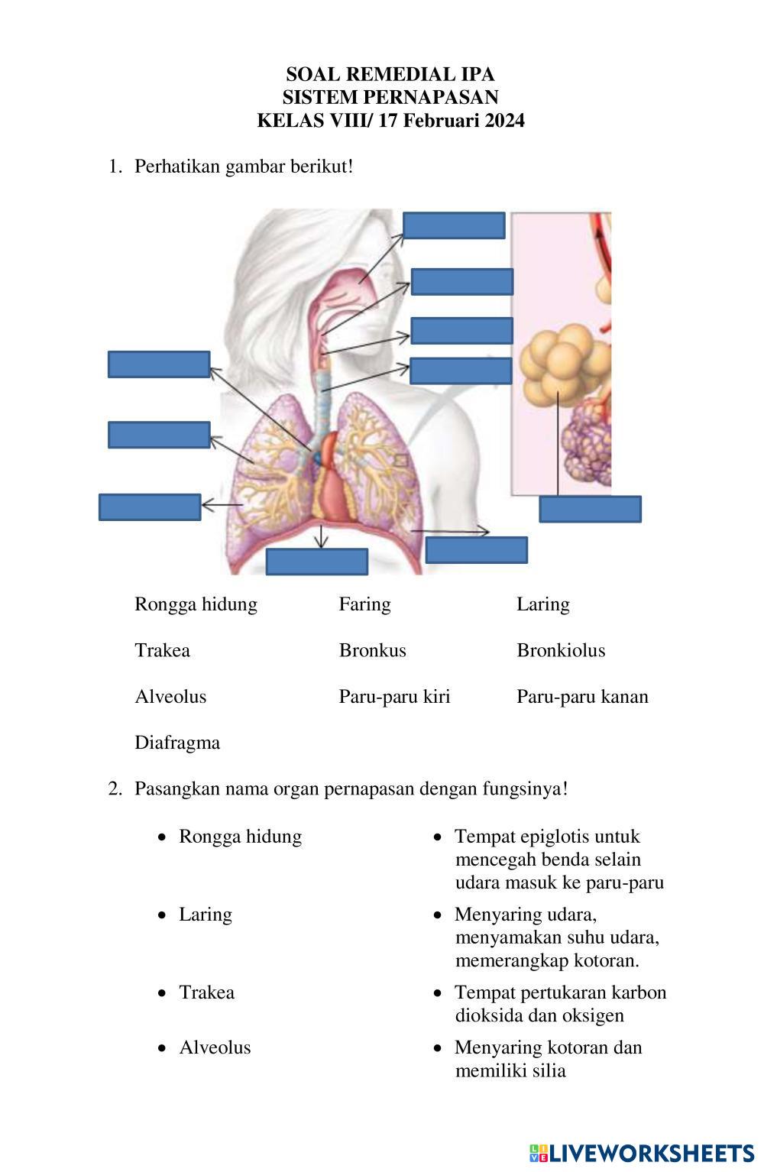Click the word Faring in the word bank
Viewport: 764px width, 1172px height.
[364, 604]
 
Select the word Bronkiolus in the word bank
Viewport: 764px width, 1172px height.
[560, 650]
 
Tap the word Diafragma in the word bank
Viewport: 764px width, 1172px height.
[177, 743]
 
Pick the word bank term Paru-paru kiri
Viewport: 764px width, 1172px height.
[394, 697]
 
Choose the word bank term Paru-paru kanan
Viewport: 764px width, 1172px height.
[582, 697]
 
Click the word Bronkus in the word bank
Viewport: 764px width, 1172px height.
[372, 650]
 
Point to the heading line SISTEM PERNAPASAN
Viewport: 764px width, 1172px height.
[390, 97]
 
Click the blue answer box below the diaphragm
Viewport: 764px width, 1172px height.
[316, 562]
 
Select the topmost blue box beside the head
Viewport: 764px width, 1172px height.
[454, 225]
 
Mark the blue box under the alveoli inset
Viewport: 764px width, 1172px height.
[590, 509]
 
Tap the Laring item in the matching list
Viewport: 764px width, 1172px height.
[205, 915]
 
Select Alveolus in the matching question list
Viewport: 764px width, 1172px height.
[215, 1047]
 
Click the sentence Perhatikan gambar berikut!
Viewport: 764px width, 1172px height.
[244, 167]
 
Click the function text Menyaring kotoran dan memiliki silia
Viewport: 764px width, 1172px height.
[548, 1059]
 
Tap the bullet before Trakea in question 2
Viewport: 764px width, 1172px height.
[161, 993]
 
